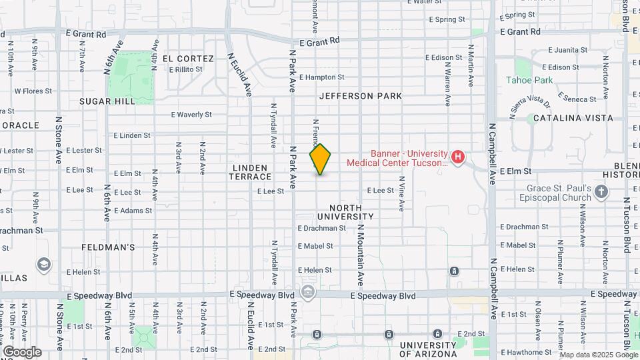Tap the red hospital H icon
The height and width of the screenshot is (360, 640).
coord(458,157)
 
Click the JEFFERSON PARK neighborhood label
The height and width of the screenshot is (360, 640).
coord(360,96)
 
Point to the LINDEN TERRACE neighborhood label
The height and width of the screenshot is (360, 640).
coord(252,172)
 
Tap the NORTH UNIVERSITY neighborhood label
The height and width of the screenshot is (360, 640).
coord(345,212)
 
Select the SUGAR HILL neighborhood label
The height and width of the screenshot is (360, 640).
coord(107,101)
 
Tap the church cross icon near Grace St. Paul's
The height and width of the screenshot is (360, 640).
coord(602,193)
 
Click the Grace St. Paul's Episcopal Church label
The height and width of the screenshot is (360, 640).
coord(558,193)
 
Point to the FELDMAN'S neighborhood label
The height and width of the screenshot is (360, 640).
coord(108,247)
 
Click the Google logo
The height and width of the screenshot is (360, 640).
coord(22,352)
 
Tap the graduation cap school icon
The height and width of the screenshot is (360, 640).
coord(44,265)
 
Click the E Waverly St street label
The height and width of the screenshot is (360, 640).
coord(191,115)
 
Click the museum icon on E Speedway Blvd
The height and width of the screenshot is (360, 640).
coord(308,291)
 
